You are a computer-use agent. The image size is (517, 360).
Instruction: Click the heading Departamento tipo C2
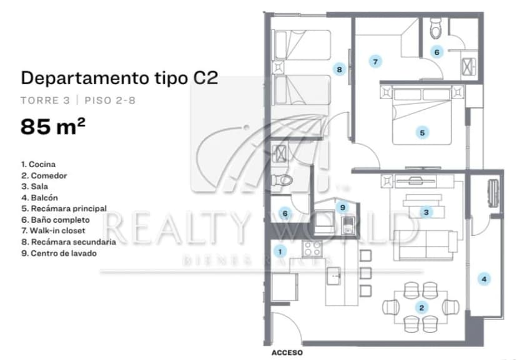[x=119, y=79]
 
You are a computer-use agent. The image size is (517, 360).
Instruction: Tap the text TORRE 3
[x=45, y=100]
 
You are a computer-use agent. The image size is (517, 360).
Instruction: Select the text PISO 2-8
[x=110, y=100]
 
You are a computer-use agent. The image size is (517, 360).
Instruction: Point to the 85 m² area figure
[x=52, y=127]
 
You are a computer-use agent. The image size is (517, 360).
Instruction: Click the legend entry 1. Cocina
[x=38, y=164]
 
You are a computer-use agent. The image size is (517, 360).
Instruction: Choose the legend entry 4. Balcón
[x=39, y=198]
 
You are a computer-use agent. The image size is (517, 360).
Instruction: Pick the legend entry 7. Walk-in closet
[x=53, y=231]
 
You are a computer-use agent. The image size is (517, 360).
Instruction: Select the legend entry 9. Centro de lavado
[x=59, y=253]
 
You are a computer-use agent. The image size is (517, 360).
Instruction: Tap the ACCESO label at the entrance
[x=287, y=353]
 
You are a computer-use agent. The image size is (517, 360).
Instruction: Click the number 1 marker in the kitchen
[x=280, y=251]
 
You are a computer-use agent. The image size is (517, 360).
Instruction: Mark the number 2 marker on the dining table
[x=421, y=308]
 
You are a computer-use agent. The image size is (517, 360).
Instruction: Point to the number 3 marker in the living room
[x=426, y=212]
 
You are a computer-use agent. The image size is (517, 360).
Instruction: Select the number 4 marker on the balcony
[x=484, y=280]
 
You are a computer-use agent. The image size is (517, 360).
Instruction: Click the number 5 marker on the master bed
[x=422, y=133]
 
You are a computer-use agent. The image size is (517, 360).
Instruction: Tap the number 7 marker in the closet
[x=375, y=62]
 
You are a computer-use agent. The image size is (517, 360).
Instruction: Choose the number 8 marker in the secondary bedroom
[x=339, y=69]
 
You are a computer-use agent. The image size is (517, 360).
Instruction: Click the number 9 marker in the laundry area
[x=343, y=208]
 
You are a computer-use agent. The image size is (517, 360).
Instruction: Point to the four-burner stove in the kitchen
[x=312, y=248]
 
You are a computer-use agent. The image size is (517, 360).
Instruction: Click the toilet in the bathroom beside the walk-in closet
[x=436, y=28]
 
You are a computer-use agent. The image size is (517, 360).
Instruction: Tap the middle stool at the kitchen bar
[x=365, y=273]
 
